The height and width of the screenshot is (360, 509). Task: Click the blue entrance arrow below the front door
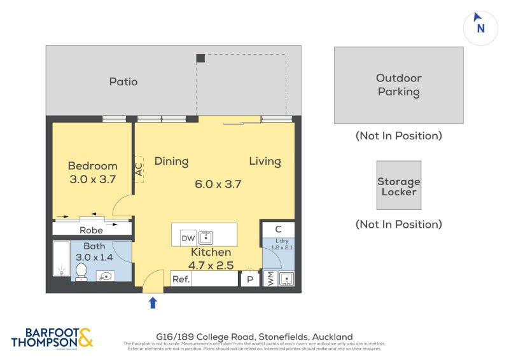click(x=153, y=303)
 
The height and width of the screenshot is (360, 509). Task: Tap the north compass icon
click(x=480, y=27)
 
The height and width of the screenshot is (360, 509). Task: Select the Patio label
click(x=123, y=81)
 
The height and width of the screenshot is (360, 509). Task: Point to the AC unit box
click(x=139, y=170)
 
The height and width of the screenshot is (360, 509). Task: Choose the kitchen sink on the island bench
click(x=206, y=237)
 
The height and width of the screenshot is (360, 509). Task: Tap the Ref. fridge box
click(x=181, y=279)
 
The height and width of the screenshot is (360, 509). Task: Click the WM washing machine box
click(x=269, y=279)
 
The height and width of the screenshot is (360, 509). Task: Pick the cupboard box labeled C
click(x=278, y=229)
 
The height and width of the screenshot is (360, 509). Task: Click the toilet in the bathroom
click(x=81, y=272)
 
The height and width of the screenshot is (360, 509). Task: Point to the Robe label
click(x=92, y=230)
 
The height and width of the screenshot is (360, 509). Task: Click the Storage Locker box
click(x=398, y=185)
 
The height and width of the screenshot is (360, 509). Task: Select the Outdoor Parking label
click(x=398, y=85)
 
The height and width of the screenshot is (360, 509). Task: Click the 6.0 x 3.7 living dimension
click(x=218, y=184)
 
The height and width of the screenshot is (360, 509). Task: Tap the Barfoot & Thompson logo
click(x=52, y=337)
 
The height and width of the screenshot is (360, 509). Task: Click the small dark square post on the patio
click(x=200, y=59)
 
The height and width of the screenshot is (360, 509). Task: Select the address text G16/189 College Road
click(x=254, y=336)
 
